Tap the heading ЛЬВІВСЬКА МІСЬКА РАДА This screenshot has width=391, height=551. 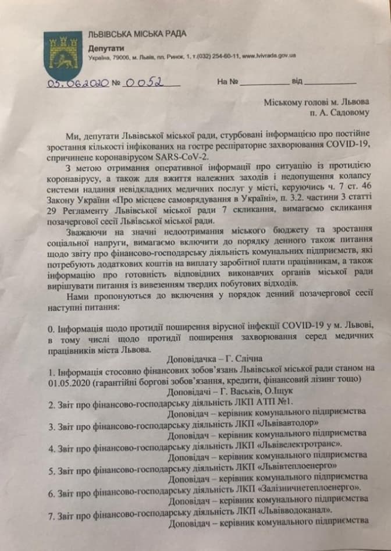coord(137,34)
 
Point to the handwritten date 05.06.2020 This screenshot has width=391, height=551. coord(78,84)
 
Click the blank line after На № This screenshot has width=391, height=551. coord(264,82)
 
